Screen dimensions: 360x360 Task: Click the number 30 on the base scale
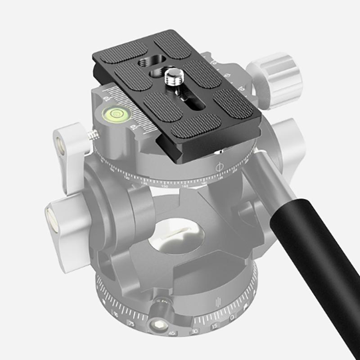194,332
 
